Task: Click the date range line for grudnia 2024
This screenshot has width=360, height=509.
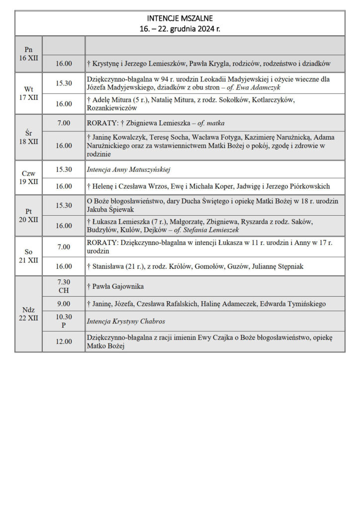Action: pyautogui.click(x=180, y=28)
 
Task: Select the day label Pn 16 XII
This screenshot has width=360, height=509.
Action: pyautogui.click(x=28, y=54)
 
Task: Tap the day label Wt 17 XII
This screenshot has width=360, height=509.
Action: pyautogui.click(x=28, y=93)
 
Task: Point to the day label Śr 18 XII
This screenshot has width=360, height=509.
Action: pyautogui.click(x=28, y=137)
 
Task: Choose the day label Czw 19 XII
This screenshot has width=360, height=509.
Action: pyautogui.click(x=28, y=177)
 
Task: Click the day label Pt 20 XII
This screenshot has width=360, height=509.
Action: pyautogui.click(x=28, y=216)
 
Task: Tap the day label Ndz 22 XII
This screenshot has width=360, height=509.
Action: pyautogui.click(x=28, y=314)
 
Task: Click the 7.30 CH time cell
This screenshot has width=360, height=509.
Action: pyautogui.click(x=64, y=286)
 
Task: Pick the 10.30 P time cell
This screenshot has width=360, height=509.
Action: pyautogui.click(x=64, y=321)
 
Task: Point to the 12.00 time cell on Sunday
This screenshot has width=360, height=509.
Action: pyautogui.click(x=64, y=341)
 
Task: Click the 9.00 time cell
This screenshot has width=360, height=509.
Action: pyautogui.click(x=64, y=303)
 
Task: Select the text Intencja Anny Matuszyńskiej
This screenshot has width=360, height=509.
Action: pyautogui.click(x=128, y=170)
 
